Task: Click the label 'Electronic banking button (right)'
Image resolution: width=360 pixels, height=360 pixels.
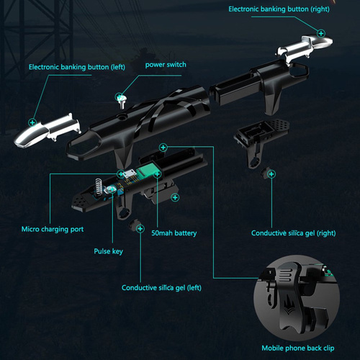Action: [279, 9]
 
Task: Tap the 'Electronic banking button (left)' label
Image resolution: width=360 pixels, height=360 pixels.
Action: [77, 67]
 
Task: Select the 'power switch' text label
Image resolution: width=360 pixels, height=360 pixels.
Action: [166, 65]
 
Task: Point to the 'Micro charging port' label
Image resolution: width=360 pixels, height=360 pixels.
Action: [53, 230]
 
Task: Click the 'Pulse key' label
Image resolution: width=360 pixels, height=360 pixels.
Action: [108, 251]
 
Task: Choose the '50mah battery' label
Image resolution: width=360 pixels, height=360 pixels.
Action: [174, 233]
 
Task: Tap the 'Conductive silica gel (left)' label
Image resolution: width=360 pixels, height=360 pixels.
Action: [161, 288]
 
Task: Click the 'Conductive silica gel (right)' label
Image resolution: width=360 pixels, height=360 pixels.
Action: [293, 233]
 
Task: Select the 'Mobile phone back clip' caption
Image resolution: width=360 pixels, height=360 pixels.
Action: [298, 348]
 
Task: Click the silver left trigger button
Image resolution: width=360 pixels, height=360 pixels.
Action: [47, 130]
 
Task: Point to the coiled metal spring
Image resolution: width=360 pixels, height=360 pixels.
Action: [99, 187]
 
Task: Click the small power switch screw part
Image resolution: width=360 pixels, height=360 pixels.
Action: [121, 101]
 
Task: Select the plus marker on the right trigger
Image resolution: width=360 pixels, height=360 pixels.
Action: [321, 33]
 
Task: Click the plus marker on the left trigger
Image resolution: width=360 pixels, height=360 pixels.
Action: [32, 122]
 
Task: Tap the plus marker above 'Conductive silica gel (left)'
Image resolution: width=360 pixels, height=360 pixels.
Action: [140, 228]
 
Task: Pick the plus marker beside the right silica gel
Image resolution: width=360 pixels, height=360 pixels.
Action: [271, 174]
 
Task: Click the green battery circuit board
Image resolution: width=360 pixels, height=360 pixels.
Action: [147, 171]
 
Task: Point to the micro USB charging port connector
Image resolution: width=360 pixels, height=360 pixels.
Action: [130, 174]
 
